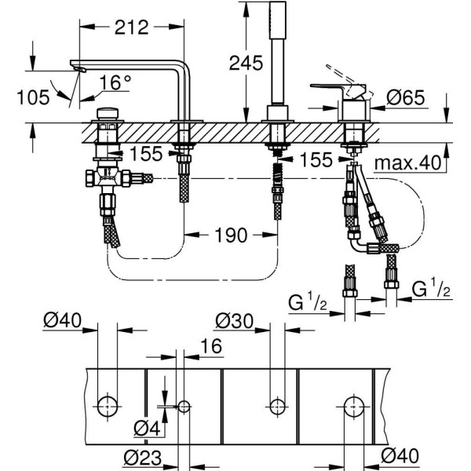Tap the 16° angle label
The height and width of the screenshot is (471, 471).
click(115, 82)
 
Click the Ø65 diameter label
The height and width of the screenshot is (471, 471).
click(408, 98)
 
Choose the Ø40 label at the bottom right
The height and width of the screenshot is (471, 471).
click(401, 455)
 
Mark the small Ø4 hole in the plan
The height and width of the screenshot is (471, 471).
click(184, 406)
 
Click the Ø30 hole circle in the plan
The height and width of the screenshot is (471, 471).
click(276, 406)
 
